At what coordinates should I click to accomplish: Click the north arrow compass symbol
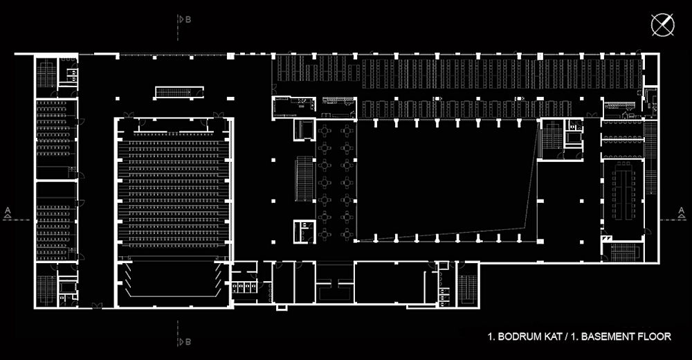[662, 25]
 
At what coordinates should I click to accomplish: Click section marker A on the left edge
[7, 213]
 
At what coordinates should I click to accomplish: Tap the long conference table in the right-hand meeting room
[626, 190]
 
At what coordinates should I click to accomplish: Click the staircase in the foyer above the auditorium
[173, 92]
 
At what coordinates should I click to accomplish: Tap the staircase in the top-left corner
[46, 73]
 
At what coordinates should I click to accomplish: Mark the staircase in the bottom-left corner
[46, 289]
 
